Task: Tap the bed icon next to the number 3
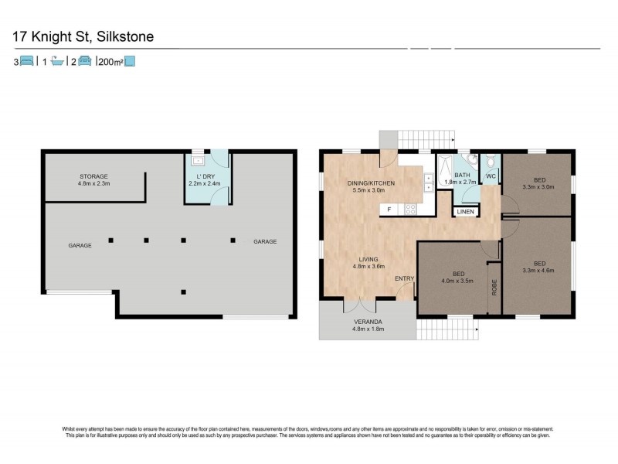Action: (x=26, y=61)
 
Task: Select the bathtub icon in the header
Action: (x=56, y=61)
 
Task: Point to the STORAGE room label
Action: (x=93, y=176)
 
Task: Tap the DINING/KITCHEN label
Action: (x=371, y=183)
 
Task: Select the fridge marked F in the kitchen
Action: (x=389, y=209)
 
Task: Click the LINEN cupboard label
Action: (x=465, y=211)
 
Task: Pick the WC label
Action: (x=490, y=176)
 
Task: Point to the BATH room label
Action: (x=462, y=176)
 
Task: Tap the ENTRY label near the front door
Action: (x=405, y=278)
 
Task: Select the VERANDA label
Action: (x=368, y=321)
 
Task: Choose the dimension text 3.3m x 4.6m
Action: (x=538, y=271)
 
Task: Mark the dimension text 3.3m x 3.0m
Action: (x=538, y=186)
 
